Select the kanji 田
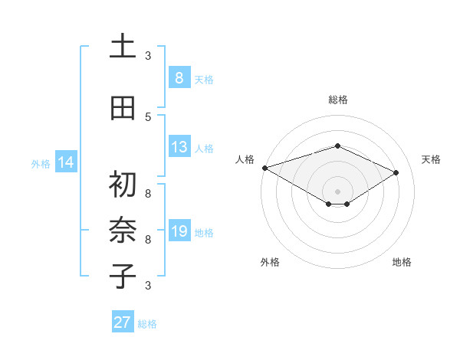coord(123,108)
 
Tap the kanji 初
coord(123,185)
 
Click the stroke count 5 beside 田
coord(148,116)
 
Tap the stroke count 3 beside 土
coord(148,55)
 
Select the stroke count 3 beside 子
coord(148,286)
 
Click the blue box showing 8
coord(179,78)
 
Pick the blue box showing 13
coord(179,147)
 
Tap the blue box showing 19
coord(179,231)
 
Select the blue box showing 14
coord(65,162)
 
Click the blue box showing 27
coord(123,322)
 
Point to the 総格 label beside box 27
coord(147,323)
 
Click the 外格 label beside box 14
coord(40,163)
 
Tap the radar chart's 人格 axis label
coord(245,159)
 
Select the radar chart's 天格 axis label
coord(431,159)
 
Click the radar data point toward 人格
coord(264,168)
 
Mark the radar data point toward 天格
coord(396,173)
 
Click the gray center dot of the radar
coord(337,191)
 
